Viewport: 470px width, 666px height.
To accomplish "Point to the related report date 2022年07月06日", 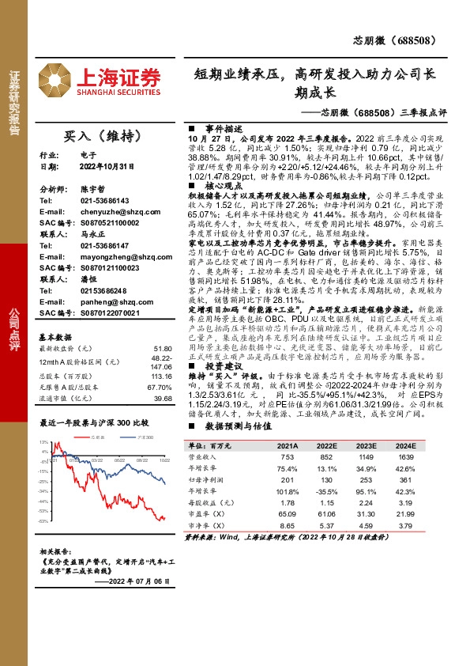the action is click(x=145, y=581).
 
